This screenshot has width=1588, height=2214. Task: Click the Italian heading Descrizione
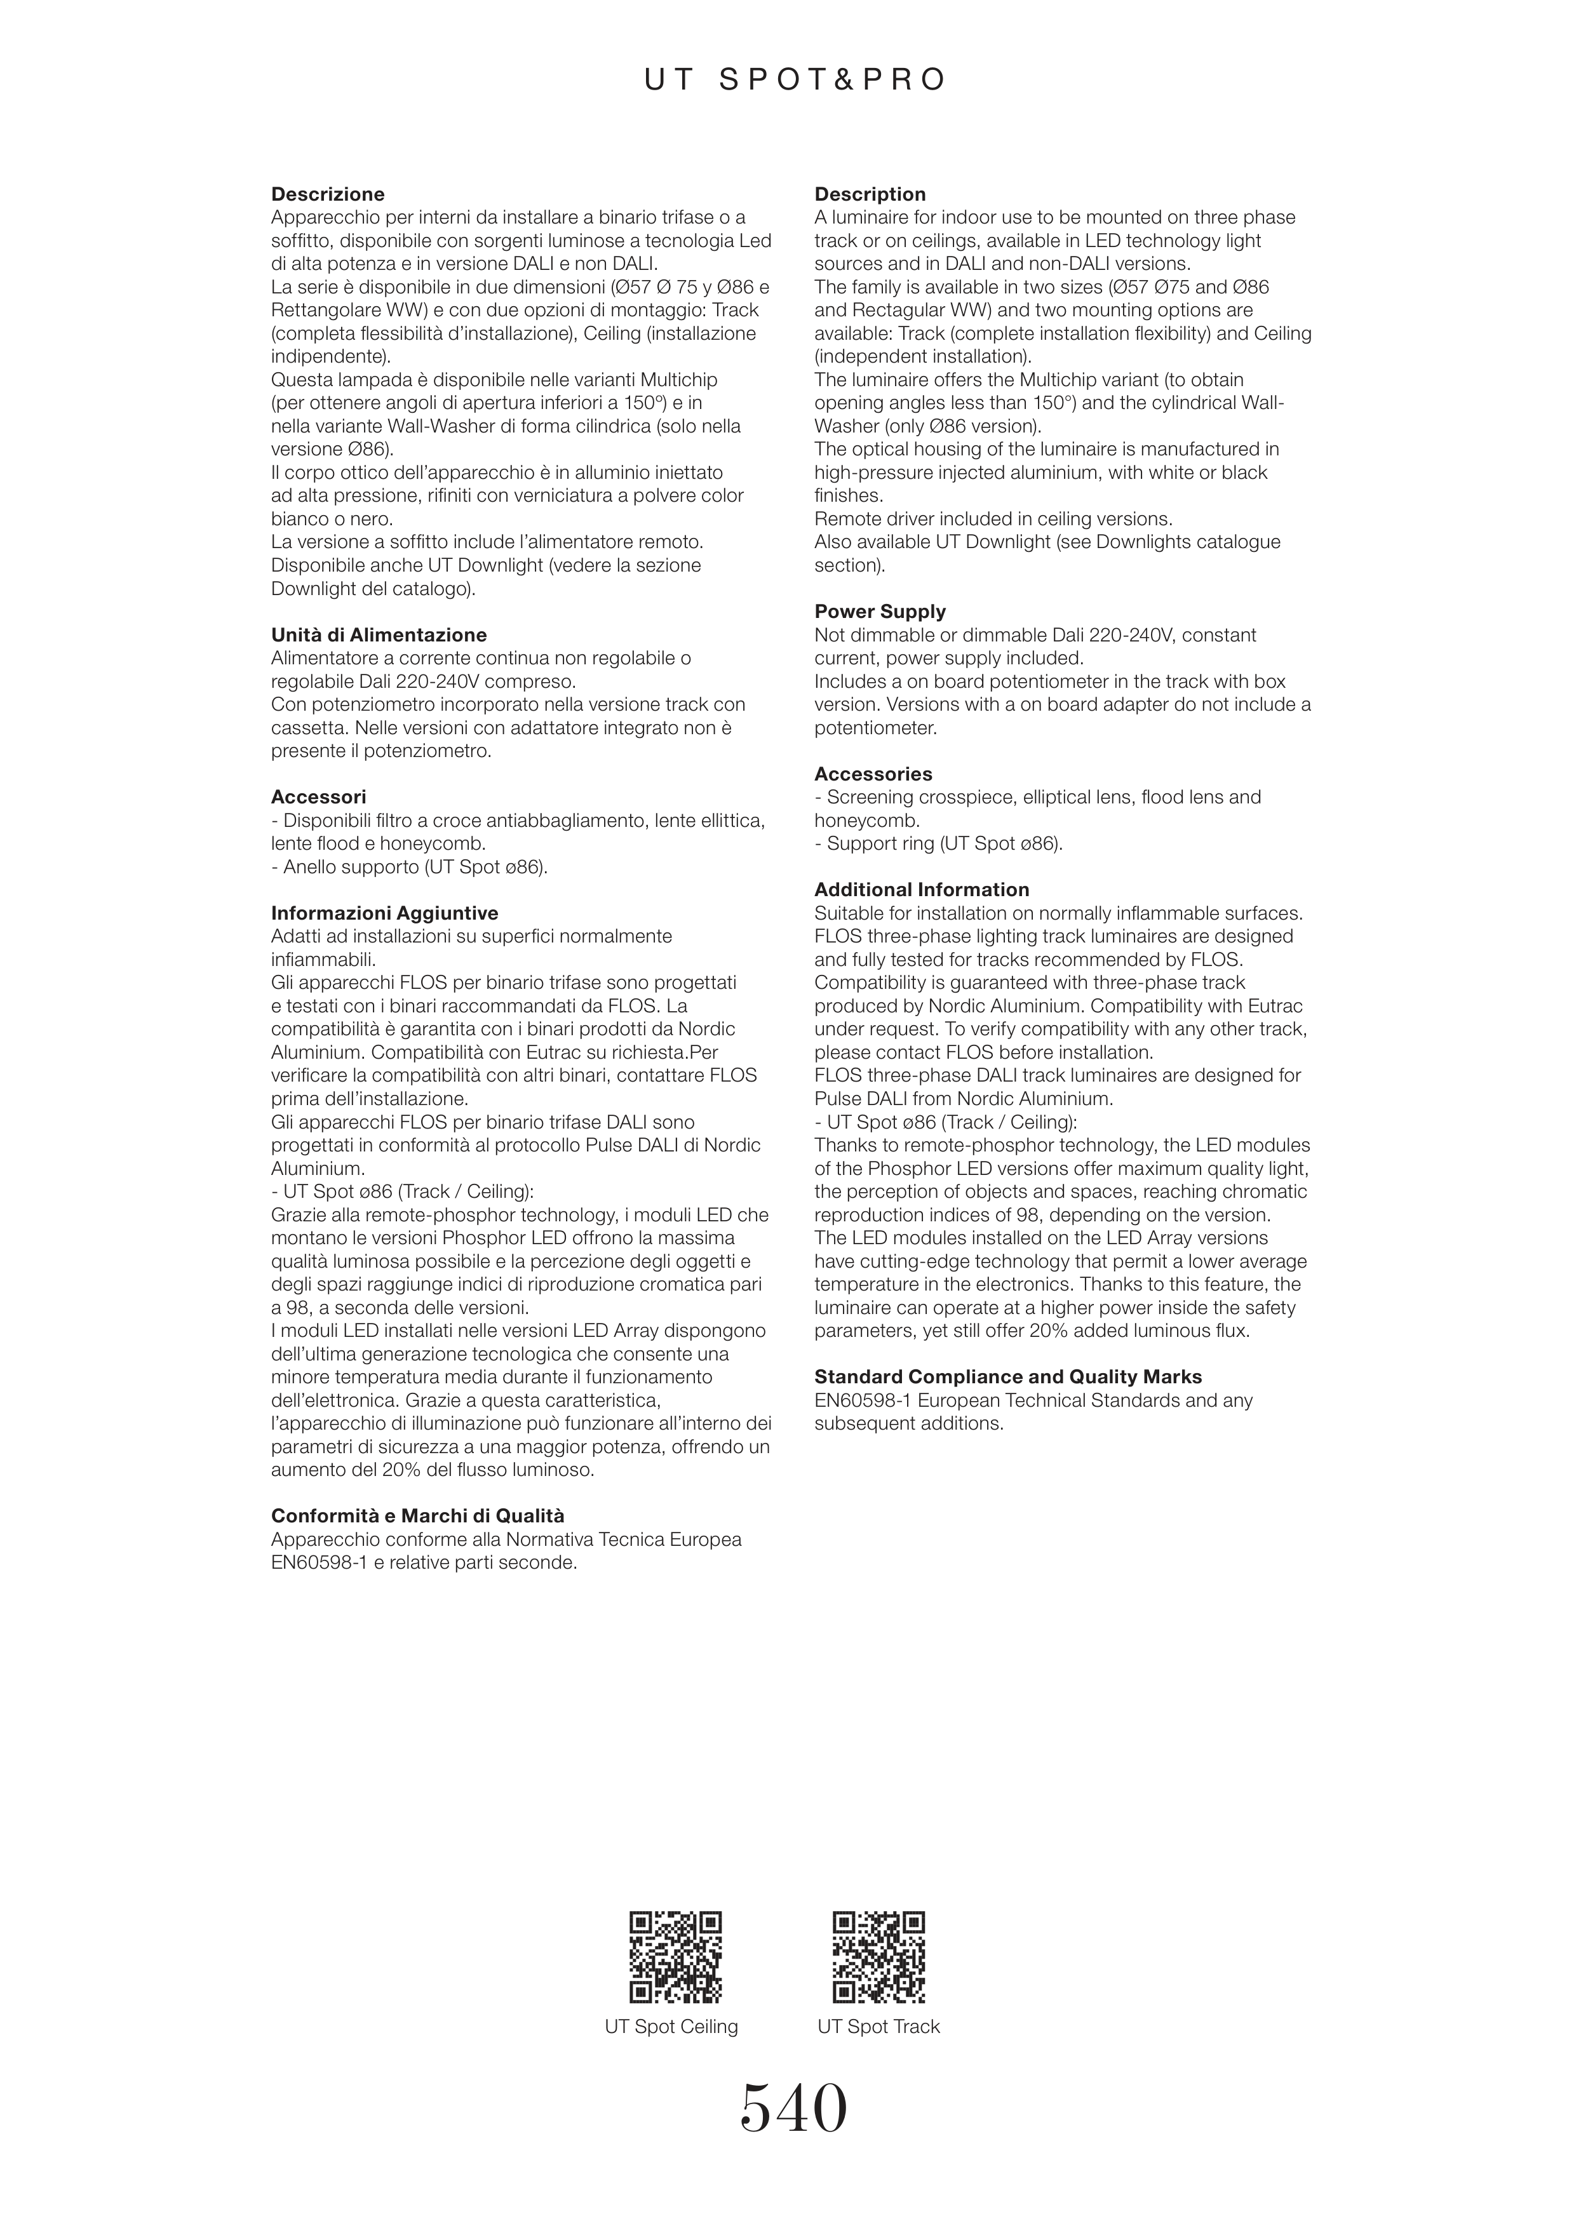[x=328, y=194]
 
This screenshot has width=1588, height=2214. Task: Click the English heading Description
[x=870, y=194]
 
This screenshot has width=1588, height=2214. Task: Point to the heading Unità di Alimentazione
[x=379, y=636]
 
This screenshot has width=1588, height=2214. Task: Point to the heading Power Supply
[x=879, y=612]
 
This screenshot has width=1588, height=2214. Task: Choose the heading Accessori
[x=318, y=798]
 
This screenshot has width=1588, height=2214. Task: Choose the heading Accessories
[x=873, y=774]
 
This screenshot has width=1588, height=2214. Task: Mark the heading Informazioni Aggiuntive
[x=384, y=914]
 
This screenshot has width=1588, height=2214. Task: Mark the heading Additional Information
[x=922, y=890]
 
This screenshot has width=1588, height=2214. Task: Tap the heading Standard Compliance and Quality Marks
[x=1008, y=1378]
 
